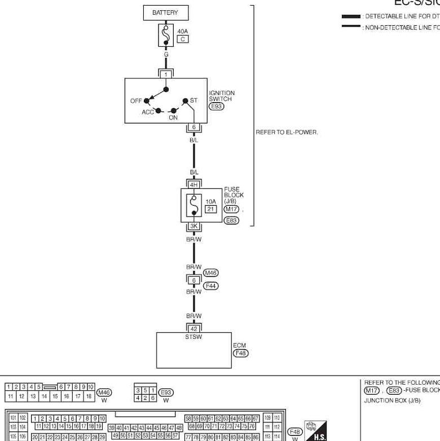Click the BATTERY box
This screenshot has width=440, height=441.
[165, 12]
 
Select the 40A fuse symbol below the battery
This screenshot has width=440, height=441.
[165, 35]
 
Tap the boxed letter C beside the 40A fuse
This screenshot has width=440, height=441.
[182, 39]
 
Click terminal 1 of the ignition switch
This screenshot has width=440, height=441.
[165, 74]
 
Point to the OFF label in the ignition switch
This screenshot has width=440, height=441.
[136, 101]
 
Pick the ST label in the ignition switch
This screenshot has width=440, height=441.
[193, 100]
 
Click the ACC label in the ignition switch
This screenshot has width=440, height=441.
[148, 112]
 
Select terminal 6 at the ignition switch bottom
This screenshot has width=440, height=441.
[193, 127]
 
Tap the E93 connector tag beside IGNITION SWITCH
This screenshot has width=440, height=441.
[217, 106]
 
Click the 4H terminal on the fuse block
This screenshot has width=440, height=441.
[193, 184]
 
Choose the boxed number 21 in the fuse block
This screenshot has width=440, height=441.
[210, 209]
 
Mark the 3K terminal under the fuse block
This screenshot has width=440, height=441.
[193, 226]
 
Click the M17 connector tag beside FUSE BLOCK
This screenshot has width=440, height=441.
[231, 209]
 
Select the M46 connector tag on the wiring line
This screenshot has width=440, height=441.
[211, 273]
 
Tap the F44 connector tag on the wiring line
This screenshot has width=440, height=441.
[211, 286]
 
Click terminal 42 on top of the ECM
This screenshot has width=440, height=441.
[193, 329]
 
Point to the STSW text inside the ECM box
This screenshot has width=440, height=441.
[193, 337]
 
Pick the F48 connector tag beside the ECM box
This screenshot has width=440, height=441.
[241, 353]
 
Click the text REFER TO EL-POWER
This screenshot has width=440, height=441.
[287, 132]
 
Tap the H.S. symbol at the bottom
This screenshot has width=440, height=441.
[315, 430]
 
